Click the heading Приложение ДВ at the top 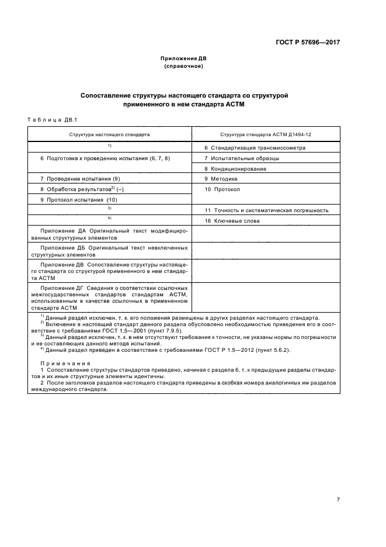[x=183, y=58]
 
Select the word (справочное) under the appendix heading [x=183, y=66]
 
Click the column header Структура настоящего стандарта [x=110, y=134]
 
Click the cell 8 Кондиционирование [x=235, y=169]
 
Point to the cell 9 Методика [x=221, y=179]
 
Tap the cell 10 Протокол [x=222, y=189]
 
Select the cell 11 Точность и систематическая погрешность [x=266, y=210]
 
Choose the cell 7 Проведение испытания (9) [x=80, y=179]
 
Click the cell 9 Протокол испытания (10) [x=79, y=200]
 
